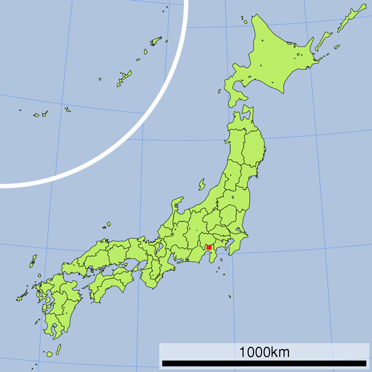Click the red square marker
click(x=209, y=248)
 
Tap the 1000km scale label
click(x=264, y=352)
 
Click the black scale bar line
click(x=264, y=363)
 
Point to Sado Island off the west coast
click(x=202, y=184)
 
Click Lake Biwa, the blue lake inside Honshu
click(x=160, y=247)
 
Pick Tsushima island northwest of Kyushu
click(x=33, y=261)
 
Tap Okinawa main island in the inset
click(x=124, y=78)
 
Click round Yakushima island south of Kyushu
click(x=49, y=354)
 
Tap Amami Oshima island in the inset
click(x=156, y=41)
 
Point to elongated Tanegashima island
click(x=58, y=348)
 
